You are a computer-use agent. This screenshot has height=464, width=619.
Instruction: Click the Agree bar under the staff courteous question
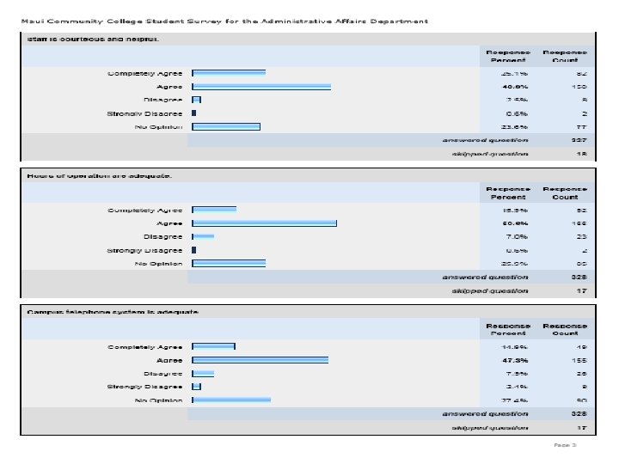click(261, 87)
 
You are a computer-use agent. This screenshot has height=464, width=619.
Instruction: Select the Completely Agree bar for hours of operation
click(214, 210)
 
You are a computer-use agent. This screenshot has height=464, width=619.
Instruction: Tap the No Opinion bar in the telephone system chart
click(231, 400)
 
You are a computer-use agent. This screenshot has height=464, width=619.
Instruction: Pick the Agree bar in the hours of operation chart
click(264, 223)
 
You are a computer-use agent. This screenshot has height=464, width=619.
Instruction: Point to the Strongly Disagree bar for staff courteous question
click(194, 113)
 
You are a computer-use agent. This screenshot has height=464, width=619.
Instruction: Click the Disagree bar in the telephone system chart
click(203, 374)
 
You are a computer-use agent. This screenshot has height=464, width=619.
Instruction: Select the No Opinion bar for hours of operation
click(229, 263)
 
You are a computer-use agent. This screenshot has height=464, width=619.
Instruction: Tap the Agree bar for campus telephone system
click(260, 360)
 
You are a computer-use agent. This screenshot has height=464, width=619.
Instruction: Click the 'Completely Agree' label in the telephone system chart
click(144, 347)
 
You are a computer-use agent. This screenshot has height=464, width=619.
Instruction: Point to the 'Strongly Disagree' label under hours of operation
click(144, 250)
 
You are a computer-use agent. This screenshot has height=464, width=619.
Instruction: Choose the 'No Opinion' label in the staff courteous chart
click(159, 126)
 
